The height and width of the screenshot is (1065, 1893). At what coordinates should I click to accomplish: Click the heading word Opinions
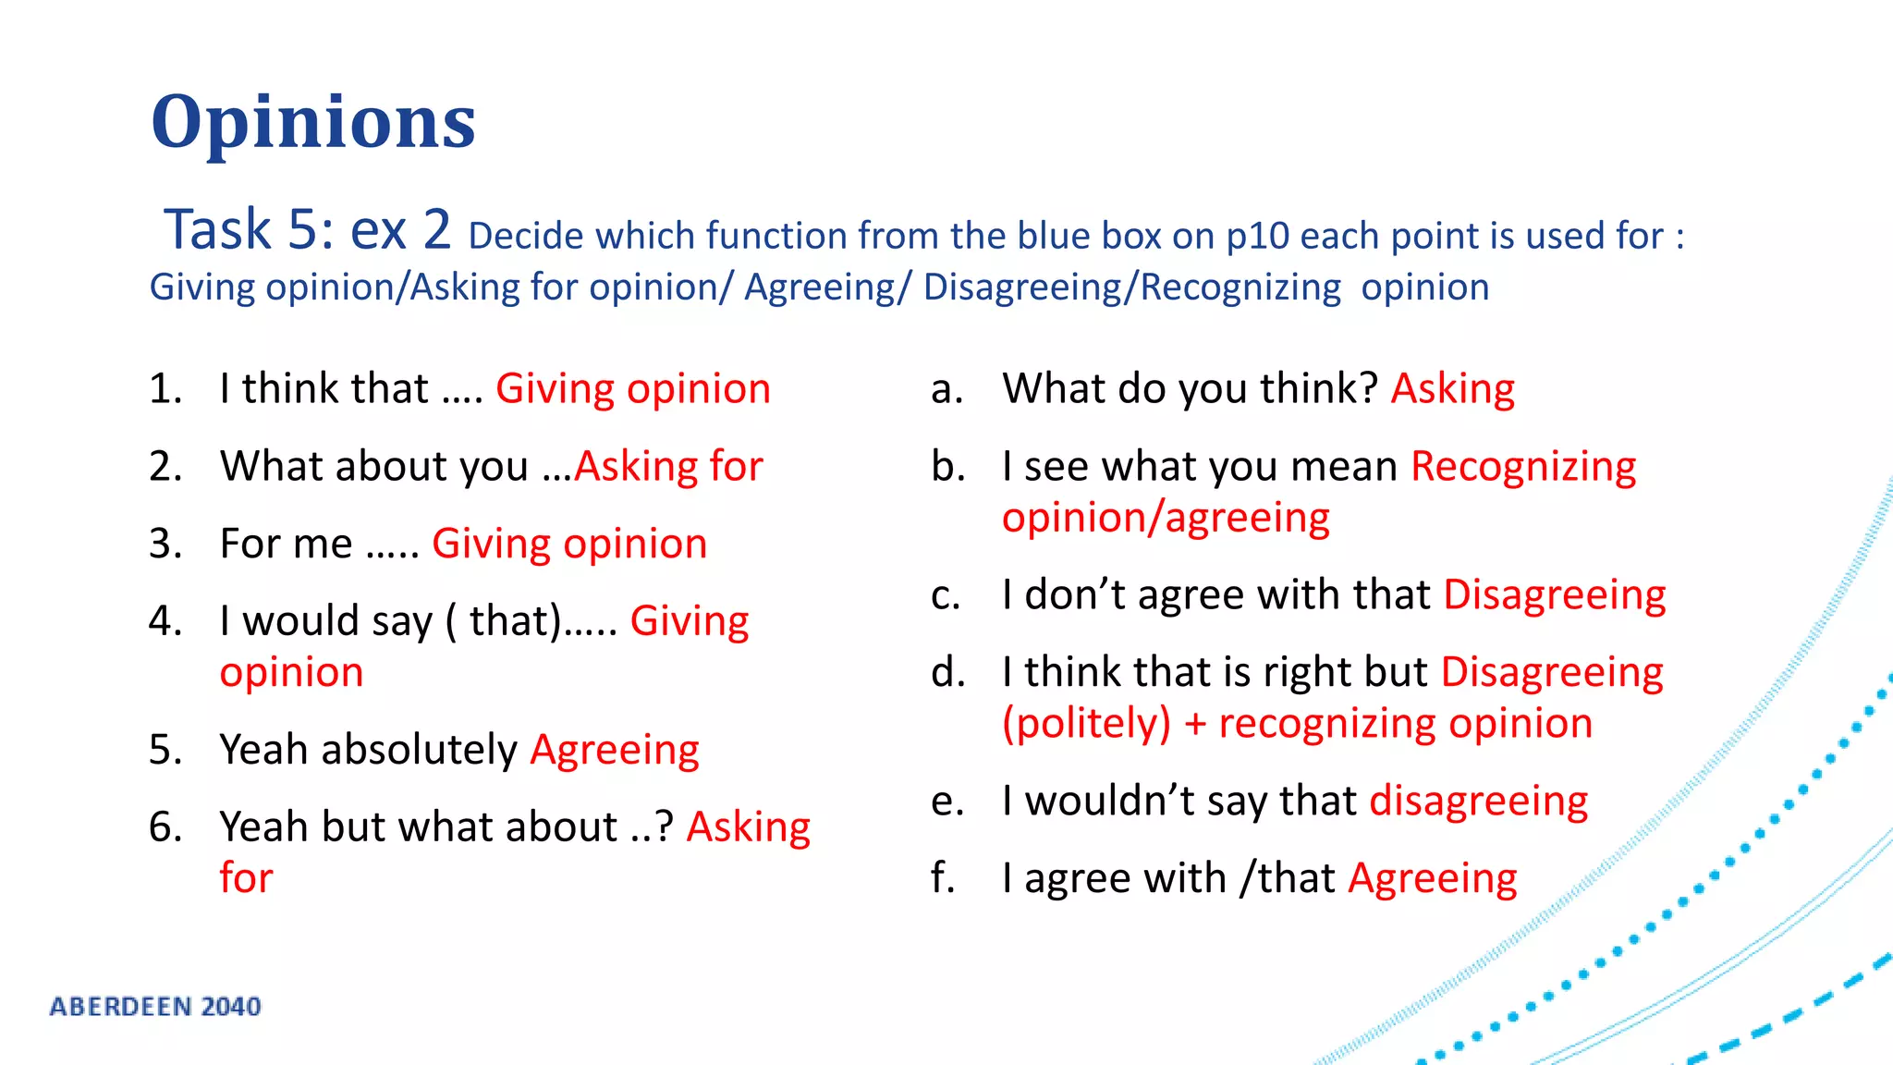(313, 122)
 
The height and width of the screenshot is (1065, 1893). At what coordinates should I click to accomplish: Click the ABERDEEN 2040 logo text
(155, 1006)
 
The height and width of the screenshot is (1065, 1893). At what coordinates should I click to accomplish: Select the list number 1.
(164, 388)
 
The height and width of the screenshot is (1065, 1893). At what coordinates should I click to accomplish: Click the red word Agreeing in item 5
(615, 750)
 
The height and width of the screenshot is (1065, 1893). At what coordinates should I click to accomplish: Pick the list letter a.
(946, 389)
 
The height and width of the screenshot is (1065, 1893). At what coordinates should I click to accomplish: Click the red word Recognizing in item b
(1523, 466)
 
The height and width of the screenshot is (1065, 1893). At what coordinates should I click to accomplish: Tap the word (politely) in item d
(1086, 723)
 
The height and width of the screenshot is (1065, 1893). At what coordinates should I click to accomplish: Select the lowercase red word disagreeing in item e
(1478, 801)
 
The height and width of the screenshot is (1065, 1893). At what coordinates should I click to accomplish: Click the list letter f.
(943, 877)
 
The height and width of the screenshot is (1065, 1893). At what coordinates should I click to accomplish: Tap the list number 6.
(164, 826)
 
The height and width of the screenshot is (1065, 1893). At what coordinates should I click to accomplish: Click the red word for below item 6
(246, 877)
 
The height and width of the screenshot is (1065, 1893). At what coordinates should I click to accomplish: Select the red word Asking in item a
(1452, 389)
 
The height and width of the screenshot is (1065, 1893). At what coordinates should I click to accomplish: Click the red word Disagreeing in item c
(1554, 594)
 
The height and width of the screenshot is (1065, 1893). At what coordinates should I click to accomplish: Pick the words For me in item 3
(286, 544)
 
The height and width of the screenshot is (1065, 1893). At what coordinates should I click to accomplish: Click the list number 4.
(164, 620)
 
